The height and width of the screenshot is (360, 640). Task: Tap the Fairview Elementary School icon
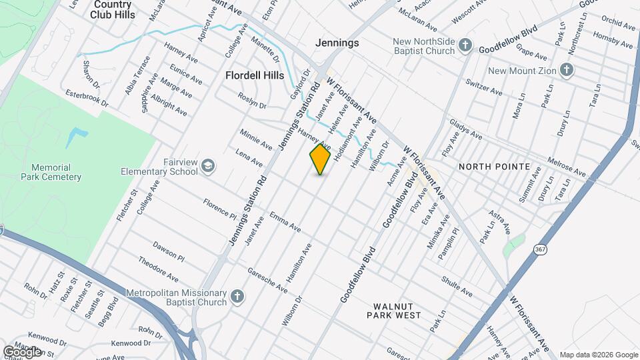(x=209, y=165)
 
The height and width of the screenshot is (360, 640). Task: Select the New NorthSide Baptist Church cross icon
(x=465, y=46)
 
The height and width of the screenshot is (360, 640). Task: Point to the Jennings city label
(x=337, y=43)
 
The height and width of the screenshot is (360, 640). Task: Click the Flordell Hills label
(x=255, y=75)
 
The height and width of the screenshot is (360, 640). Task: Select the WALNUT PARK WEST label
(x=397, y=310)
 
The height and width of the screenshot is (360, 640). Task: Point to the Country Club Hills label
(x=112, y=9)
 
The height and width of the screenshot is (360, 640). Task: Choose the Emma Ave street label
(x=285, y=222)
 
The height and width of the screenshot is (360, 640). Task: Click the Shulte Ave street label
(x=457, y=287)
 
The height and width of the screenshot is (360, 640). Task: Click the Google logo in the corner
(x=22, y=351)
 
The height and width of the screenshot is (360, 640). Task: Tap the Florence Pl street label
(x=220, y=209)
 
